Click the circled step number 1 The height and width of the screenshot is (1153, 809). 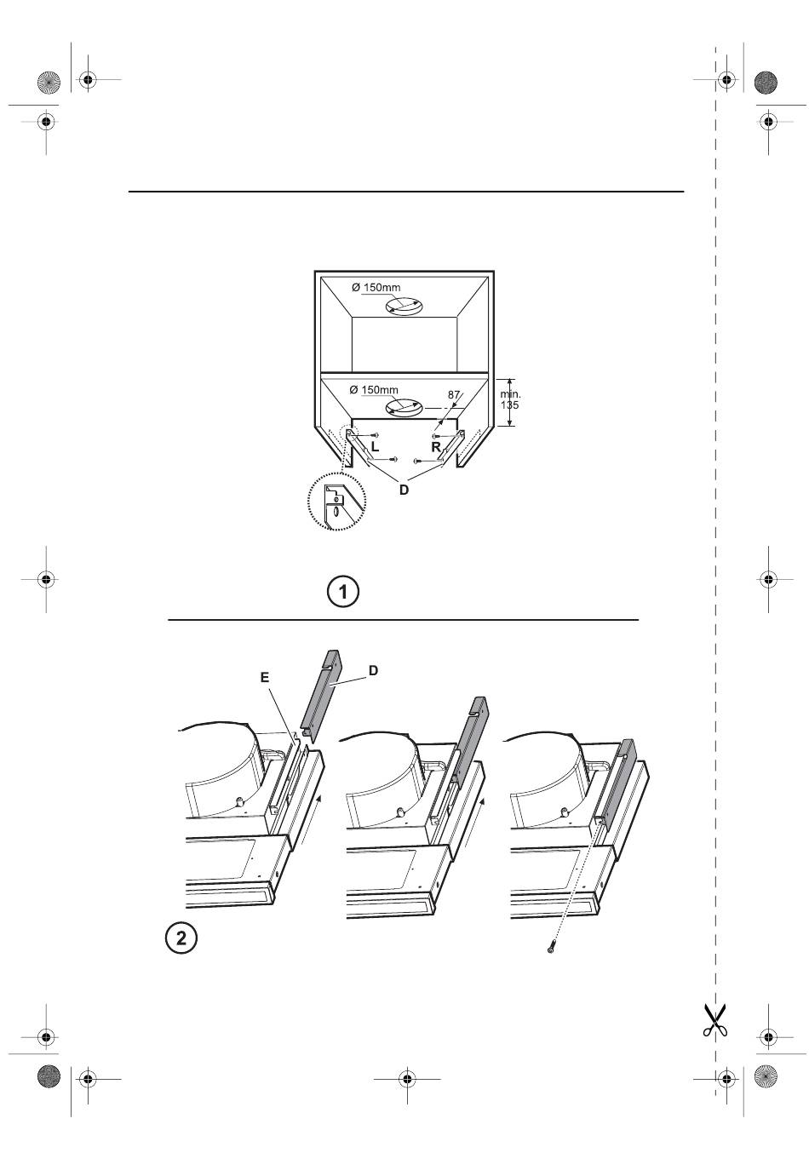click(x=342, y=592)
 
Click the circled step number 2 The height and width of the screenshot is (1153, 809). click(x=181, y=938)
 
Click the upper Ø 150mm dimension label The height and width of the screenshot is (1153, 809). click(x=376, y=287)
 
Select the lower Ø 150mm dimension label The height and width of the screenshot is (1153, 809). click(x=374, y=390)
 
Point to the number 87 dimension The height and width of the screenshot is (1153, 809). click(x=453, y=395)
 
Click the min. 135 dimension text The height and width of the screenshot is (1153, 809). click(x=510, y=399)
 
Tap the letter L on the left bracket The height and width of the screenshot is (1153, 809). click(x=375, y=447)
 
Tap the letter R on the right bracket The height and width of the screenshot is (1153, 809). click(x=436, y=447)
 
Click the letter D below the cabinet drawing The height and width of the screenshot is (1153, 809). click(x=404, y=490)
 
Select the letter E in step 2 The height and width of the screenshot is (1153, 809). click(x=265, y=677)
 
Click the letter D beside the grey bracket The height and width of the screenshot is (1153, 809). click(x=374, y=670)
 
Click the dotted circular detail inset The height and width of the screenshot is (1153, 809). click(x=336, y=501)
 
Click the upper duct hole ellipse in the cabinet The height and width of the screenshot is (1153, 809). click(x=404, y=307)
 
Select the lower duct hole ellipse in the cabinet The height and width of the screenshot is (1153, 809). click(x=404, y=409)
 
